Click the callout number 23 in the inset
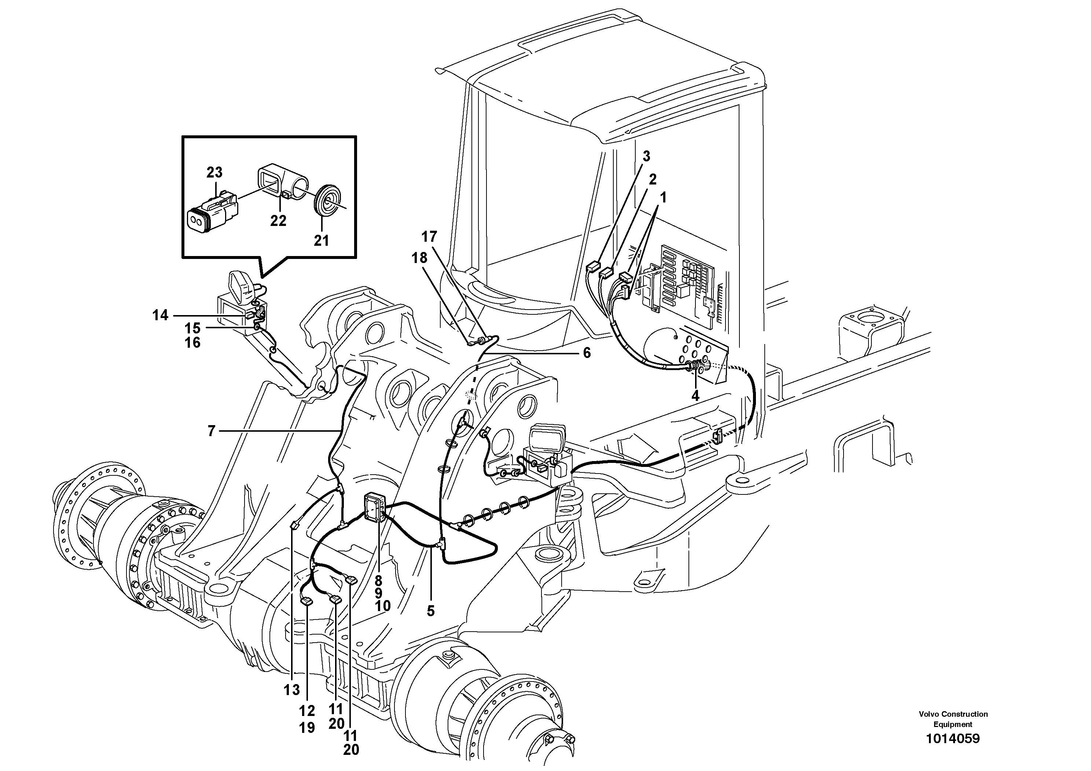tap(214, 172)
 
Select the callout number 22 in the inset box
tap(279, 220)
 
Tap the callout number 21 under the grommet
tap(321, 241)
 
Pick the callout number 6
tap(587, 353)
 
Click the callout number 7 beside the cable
tap(212, 431)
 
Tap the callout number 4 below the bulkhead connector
tap(695, 395)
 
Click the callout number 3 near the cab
tap(646, 156)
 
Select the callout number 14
tap(160, 315)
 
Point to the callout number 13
tap(292, 690)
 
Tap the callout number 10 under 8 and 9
tap(382, 606)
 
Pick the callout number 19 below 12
tap(307, 728)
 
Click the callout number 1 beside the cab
tap(663, 197)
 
